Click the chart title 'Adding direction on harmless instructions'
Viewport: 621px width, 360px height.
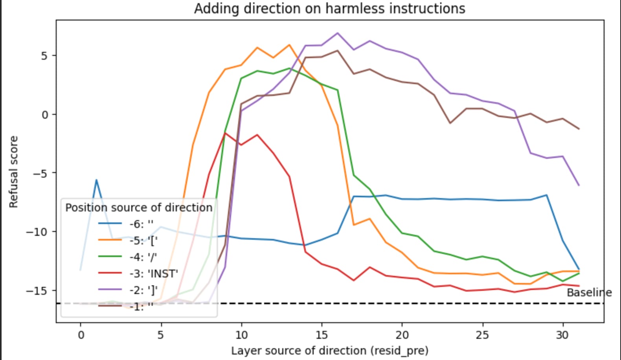coord(329,9)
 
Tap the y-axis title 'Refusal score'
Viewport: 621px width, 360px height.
coord(14,172)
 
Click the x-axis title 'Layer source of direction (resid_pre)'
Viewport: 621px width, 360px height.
coord(329,350)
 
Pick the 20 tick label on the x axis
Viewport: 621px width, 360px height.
coord(402,335)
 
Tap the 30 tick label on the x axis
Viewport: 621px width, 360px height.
coord(562,335)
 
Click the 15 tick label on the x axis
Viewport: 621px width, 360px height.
coord(322,335)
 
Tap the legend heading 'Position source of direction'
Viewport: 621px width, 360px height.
coord(138,208)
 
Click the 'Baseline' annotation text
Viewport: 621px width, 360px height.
coord(589,293)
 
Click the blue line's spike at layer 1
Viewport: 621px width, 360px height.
coord(96,180)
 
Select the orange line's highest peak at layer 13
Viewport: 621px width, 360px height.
coord(289,45)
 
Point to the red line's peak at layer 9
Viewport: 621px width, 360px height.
coord(225,133)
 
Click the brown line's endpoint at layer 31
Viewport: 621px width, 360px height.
coord(579,129)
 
